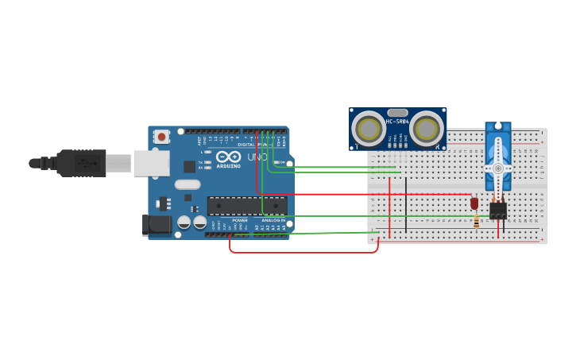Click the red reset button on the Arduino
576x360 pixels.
pyautogui.click(x=161, y=137)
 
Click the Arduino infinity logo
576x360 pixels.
pyautogui.click(x=228, y=157)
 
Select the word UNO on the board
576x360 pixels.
pyautogui.click(x=257, y=157)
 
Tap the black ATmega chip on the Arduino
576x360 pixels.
pyautogui.click(x=246, y=206)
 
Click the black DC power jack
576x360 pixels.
pyautogui.click(x=156, y=225)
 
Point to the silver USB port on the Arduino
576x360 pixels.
pyautogui.click(x=151, y=163)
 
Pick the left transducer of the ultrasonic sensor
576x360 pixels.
pyautogui.click(x=369, y=128)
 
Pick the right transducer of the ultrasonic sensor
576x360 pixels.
pyautogui.click(x=426, y=128)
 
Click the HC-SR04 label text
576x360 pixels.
pyautogui.click(x=397, y=122)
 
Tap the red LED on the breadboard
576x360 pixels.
pyautogui.click(x=474, y=203)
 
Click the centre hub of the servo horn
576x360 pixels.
pyautogui.click(x=498, y=168)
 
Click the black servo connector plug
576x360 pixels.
pyautogui.click(x=498, y=210)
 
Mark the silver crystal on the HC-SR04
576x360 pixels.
pyautogui.click(x=397, y=113)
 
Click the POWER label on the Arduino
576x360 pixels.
pyautogui.click(x=239, y=220)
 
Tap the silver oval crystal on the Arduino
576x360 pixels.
pyautogui.click(x=187, y=184)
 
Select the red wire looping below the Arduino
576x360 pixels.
pyautogui.click(x=302, y=253)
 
